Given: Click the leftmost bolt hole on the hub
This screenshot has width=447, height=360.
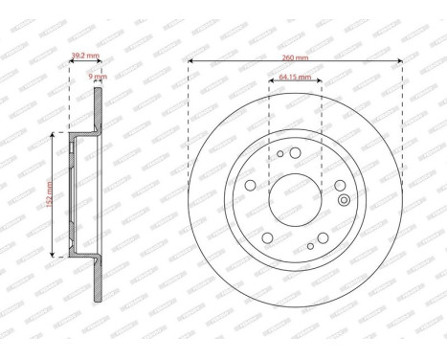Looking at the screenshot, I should (250, 186).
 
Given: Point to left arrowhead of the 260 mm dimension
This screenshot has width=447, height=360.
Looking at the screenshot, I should (191, 63).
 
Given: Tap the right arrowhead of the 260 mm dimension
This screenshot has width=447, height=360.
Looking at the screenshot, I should (399, 63).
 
